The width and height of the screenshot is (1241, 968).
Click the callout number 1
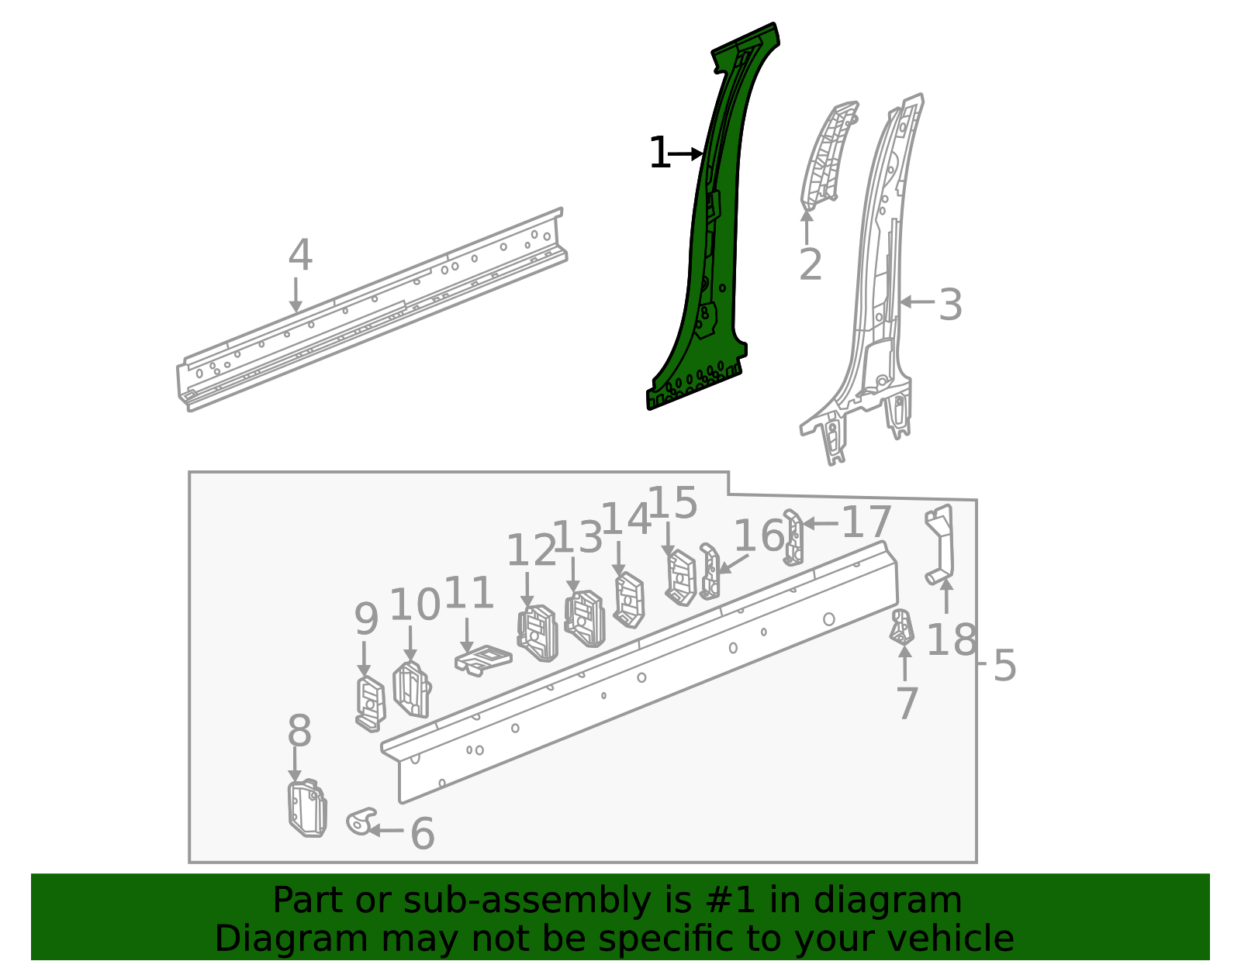(x=659, y=153)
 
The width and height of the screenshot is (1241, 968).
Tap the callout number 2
(x=810, y=266)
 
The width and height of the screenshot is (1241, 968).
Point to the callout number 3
(x=950, y=305)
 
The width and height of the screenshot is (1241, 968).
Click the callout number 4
(x=300, y=256)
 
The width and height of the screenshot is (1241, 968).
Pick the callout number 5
(x=1004, y=666)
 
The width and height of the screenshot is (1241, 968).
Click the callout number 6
(x=422, y=834)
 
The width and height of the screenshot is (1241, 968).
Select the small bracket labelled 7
(x=901, y=627)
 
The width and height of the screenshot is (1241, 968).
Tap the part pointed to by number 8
(x=306, y=808)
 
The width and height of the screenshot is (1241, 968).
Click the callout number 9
(x=366, y=620)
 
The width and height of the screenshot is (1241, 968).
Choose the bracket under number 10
(x=411, y=689)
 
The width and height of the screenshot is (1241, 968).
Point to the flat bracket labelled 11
(x=482, y=660)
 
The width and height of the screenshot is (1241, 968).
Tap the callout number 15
(x=672, y=504)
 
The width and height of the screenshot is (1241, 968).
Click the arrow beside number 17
(x=820, y=524)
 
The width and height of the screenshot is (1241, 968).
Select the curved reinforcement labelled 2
(x=826, y=155)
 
